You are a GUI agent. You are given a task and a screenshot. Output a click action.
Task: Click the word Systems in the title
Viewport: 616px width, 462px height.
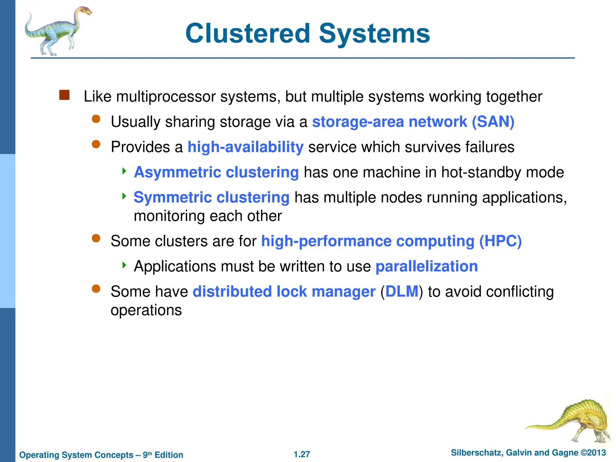(x=374, y=34)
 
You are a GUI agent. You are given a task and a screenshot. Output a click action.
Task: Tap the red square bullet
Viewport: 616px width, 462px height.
(x=64, y=95)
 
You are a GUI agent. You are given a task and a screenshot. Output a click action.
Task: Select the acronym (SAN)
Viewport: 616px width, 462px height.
(x=493, y=122)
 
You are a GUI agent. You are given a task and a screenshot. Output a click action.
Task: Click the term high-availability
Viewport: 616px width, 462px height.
(x=245, y=147)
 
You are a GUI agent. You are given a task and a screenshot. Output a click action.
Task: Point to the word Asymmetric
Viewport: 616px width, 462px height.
(x=178, y=172)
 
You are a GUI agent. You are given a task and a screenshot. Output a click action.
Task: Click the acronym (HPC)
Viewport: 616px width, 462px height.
(x=500, y=241)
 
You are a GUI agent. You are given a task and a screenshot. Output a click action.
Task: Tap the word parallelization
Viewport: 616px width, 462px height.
(x=427, y=266)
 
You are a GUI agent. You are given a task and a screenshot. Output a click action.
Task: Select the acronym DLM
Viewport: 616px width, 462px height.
(x=402, y=291)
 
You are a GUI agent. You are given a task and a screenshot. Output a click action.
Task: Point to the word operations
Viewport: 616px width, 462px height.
(x=146, y=310)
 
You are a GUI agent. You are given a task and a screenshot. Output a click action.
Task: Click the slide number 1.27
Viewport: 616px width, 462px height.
(x=302, y=454)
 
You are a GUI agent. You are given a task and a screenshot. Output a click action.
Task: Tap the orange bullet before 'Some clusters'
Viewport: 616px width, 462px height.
(x=96, y=239)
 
